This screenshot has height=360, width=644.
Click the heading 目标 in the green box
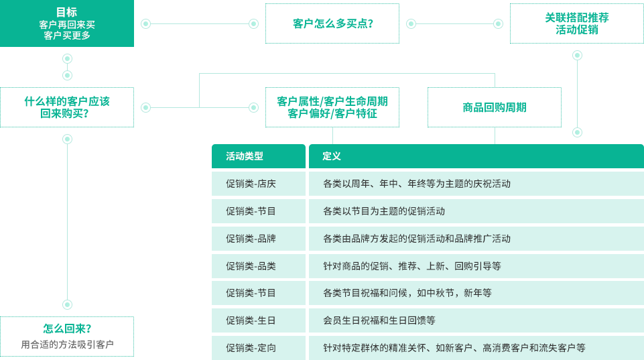(66, 12)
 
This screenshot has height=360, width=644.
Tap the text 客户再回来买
(67, 25)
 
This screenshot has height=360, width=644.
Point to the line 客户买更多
(67, 36)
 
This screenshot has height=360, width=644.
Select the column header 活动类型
(245, 156)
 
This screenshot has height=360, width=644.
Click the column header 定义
(332, 156)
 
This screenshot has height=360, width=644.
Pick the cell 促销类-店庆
(251, 184)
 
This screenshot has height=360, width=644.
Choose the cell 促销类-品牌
(251, 239)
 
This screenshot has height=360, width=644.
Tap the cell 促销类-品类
(251, 266)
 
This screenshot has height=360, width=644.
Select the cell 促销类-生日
(251, 320)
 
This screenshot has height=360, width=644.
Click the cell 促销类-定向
(251, 348)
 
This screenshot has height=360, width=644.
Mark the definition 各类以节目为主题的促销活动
(384, 211)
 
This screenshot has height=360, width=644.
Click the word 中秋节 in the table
(440, 293)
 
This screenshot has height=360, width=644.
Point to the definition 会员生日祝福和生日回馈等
(379, 320)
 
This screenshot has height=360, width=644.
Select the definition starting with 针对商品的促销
(412, 266)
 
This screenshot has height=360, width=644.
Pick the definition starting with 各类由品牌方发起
(417, 239)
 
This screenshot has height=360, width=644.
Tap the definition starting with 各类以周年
(417, 184)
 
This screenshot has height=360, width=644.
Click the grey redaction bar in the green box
(64, 345)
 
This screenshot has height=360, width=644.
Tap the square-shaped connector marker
(499, 23)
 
